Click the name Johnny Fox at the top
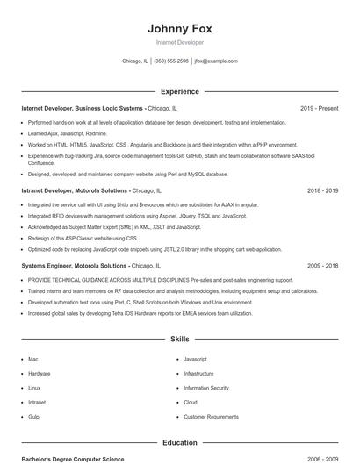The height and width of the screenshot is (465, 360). pos(179,28)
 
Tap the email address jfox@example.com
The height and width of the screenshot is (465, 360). pos(216,61)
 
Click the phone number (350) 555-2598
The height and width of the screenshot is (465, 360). pos(170,61)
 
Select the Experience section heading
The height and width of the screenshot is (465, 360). pos(179,91)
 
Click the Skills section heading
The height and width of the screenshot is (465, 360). pos(179,338)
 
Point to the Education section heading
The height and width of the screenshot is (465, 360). pos(179,443)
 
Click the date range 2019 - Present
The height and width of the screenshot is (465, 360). pos(319,108)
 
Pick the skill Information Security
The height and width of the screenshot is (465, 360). pos(206,388)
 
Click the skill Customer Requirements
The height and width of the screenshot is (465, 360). pos(211,416)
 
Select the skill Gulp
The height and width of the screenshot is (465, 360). pos(33,416)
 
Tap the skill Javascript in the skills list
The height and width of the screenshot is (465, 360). pos(195,359)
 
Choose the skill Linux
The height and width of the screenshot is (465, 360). pos(34,388)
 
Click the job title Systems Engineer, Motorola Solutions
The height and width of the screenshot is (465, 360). pos(74,265)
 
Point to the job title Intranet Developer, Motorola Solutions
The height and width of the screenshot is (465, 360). pos(76,190)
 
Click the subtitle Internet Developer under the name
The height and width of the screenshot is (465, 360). pos(179,42)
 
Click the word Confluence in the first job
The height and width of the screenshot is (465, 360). pos(40,163)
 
